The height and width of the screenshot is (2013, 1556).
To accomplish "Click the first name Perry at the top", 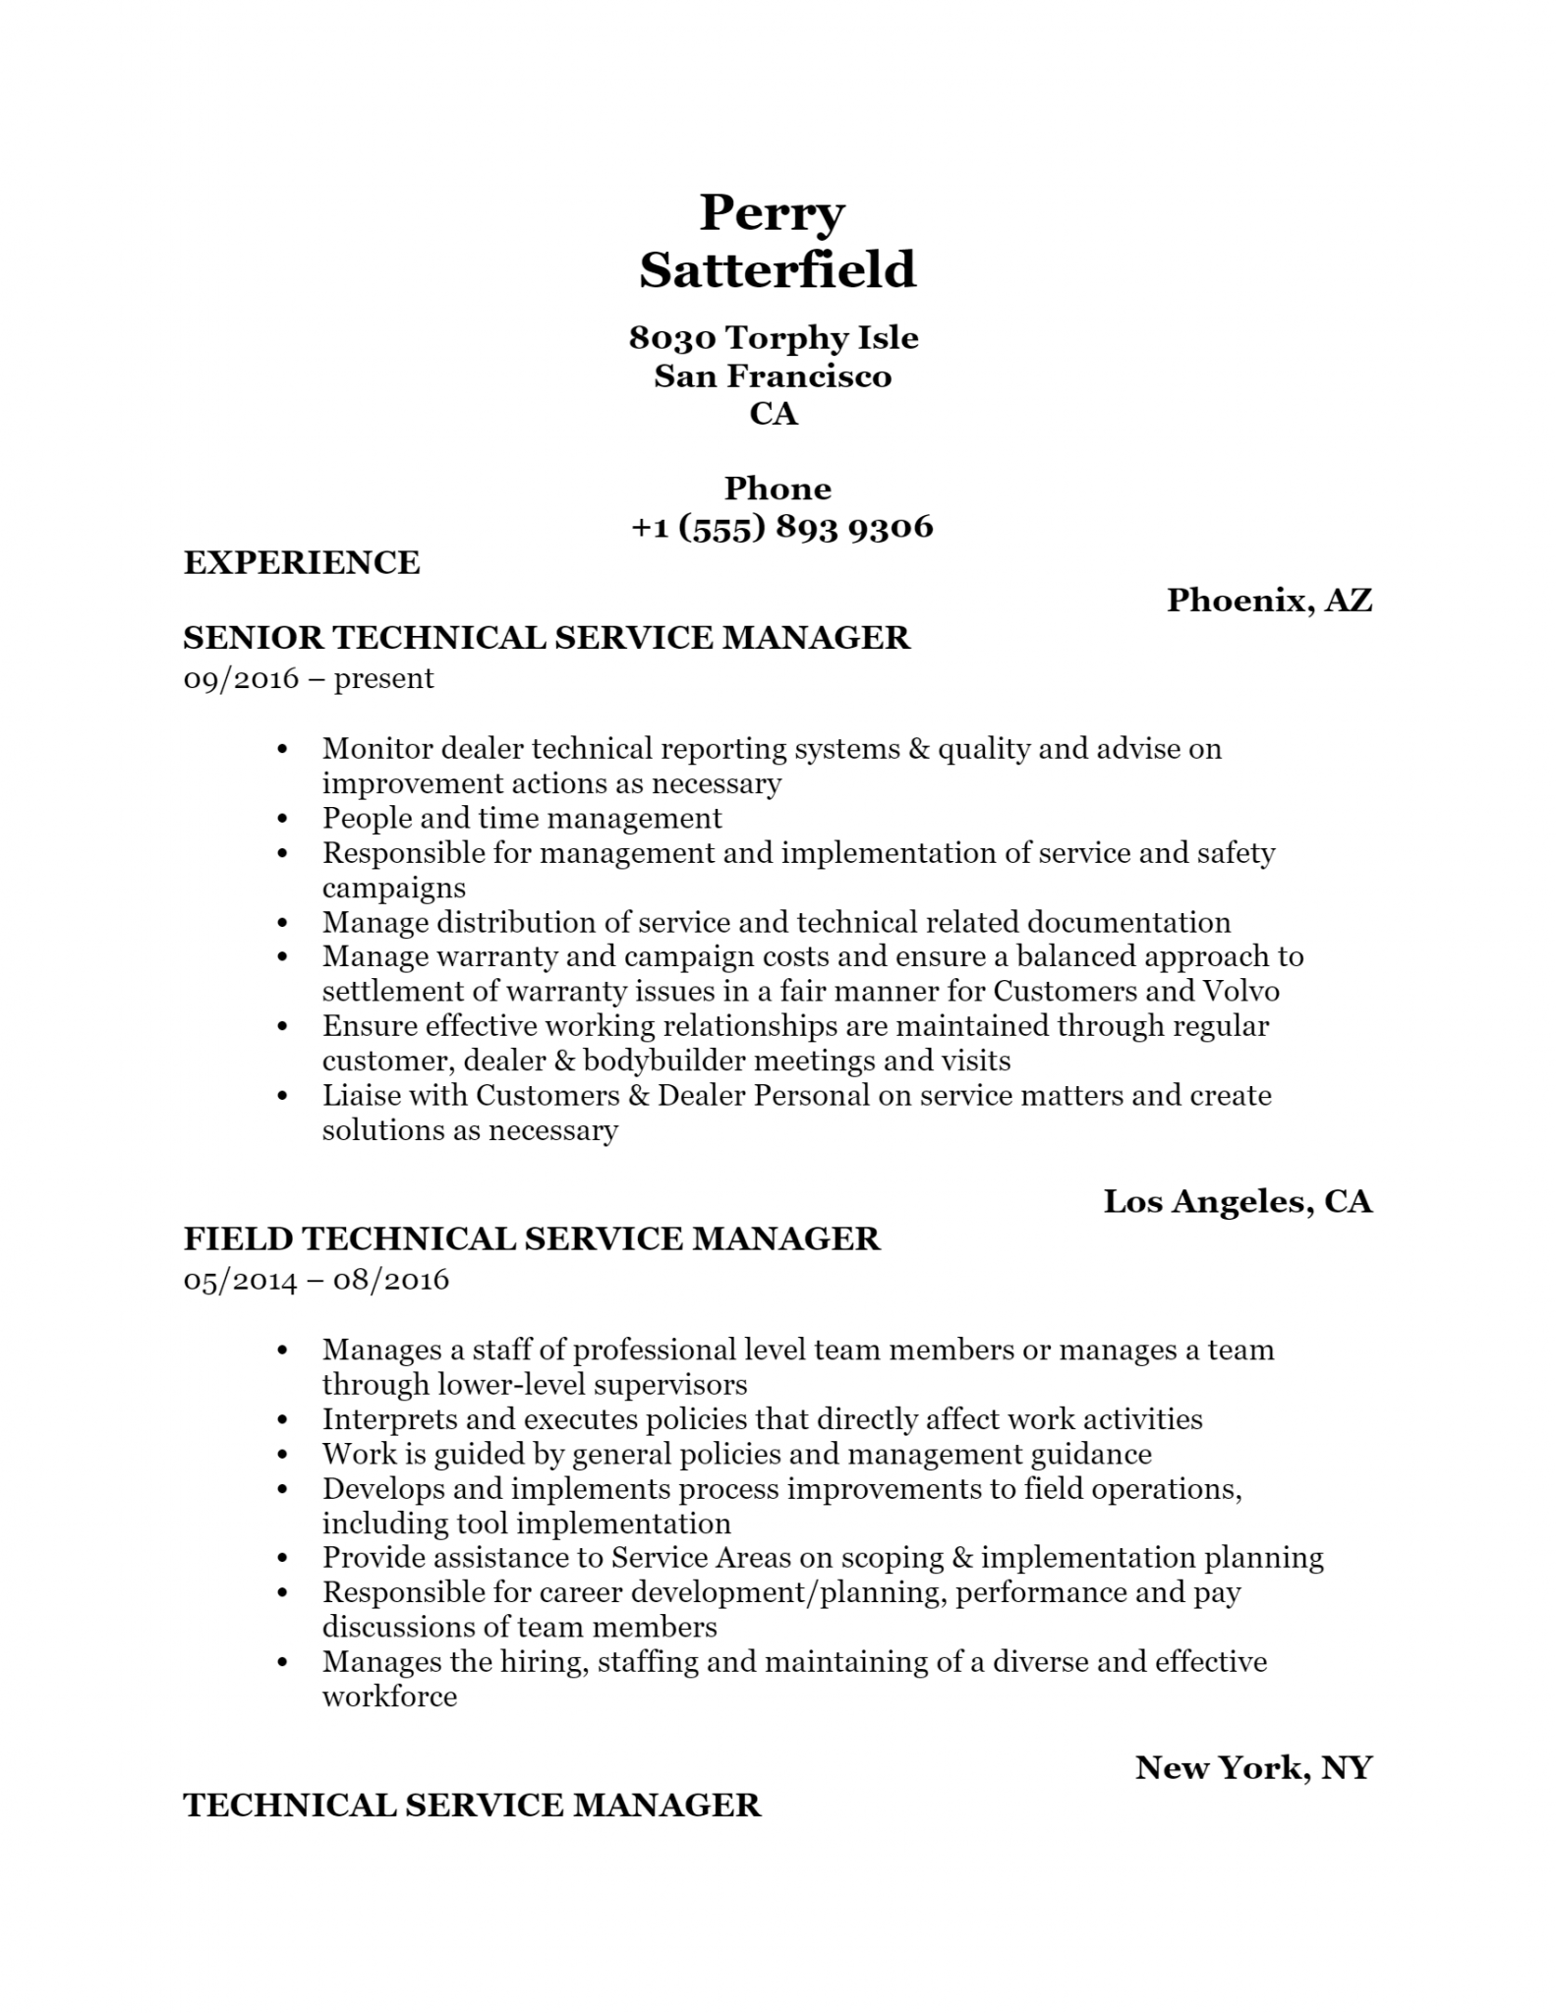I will tap(772, 213).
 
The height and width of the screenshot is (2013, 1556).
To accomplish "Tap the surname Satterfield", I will tap(778, 270).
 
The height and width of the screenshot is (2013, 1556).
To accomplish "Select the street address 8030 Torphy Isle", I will tap(774, 338).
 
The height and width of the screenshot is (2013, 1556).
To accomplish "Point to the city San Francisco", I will tap(773, 376).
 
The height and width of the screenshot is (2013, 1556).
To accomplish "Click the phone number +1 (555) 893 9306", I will tap(781, 527).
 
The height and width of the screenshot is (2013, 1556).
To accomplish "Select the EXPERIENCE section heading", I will tap(302, 563).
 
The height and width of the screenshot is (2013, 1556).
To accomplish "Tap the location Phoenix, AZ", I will tap(1269, 600).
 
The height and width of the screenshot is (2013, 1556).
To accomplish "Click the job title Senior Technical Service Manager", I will tap(547, 638).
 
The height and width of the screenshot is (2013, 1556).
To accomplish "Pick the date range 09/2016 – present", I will tap(309, 678).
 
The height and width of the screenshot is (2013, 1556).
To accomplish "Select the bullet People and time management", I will tap(522, 818).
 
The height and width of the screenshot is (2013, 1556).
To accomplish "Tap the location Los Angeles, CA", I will tap(1238, 1201).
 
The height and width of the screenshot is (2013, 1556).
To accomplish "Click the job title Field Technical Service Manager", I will tap(532, 1238).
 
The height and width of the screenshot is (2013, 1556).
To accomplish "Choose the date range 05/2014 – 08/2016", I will tap(317, 1280).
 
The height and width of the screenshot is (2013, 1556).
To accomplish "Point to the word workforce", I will tap(389, 1697).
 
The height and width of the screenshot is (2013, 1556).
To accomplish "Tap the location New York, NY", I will tap(1253, 1768).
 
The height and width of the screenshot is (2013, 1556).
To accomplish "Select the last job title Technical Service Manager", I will tap(472, 1806).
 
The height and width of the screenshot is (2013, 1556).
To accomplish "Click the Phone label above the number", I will tap(778, 489).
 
